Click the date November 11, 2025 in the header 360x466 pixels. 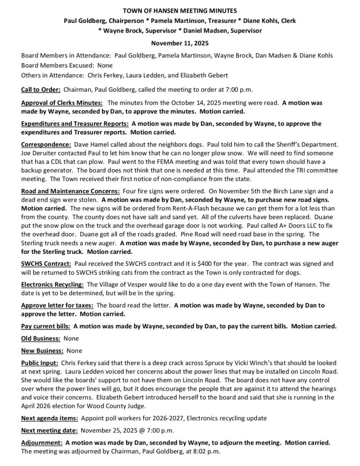(180, 43)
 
